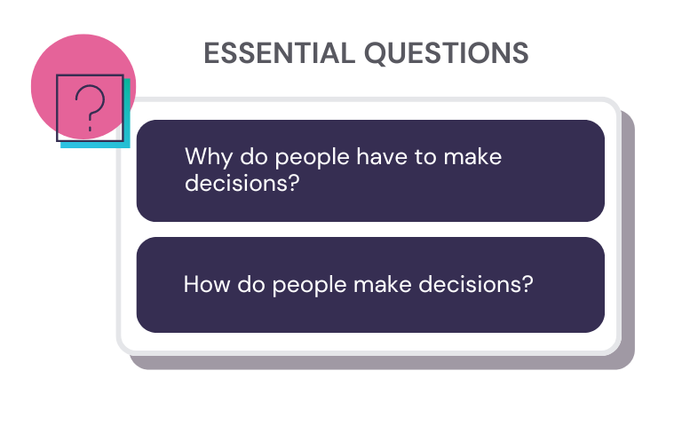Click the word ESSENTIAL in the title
(x=279, y=53)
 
